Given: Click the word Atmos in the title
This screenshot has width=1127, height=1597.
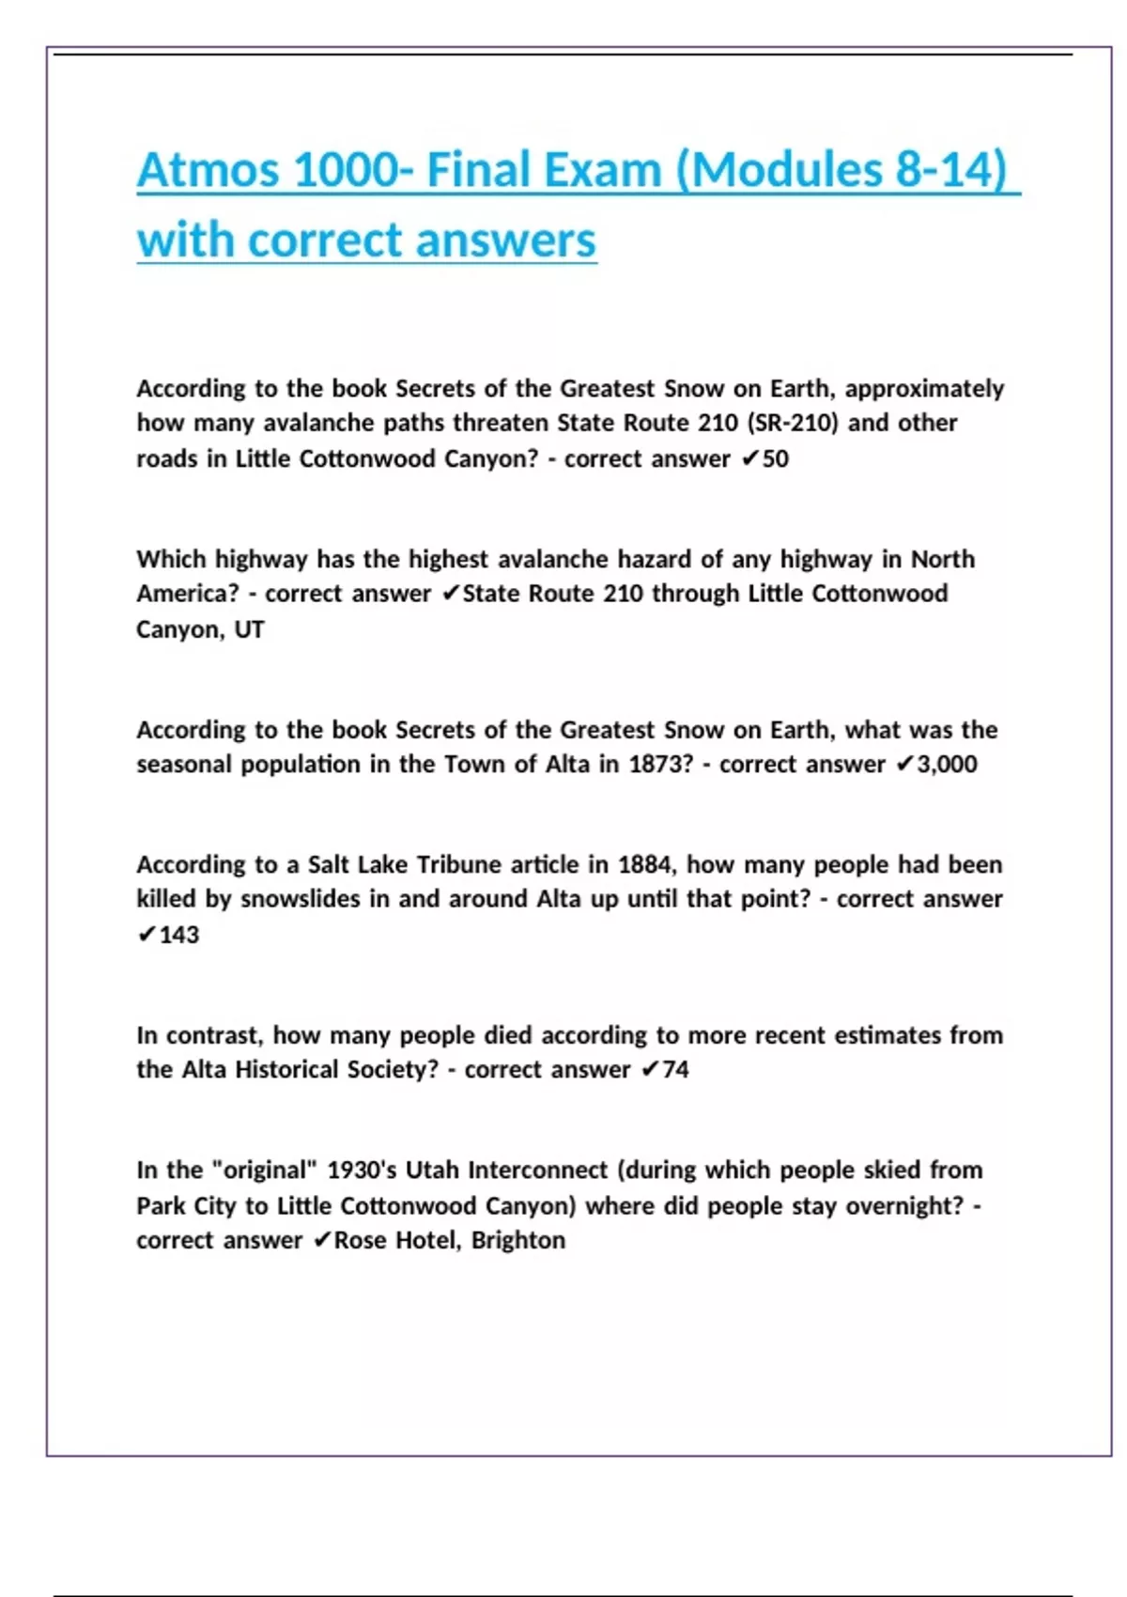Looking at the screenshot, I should click(208, 171).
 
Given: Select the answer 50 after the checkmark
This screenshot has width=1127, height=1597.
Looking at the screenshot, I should click(776, 459).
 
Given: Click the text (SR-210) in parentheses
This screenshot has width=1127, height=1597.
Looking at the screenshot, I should click(792, 423).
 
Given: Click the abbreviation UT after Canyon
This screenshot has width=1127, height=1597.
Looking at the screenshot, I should click(249, 629).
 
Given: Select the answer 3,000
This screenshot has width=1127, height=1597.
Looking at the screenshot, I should click(947, 765).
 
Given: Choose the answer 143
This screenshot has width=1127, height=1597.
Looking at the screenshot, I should click(179, 935).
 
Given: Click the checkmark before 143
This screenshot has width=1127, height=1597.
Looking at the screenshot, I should click(147, 935).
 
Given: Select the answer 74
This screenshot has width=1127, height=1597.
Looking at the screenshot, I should click(675, 1070).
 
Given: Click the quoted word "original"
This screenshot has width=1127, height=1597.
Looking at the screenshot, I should click(266, 1171).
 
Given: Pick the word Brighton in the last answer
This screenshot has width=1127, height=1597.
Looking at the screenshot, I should click(518, 1241).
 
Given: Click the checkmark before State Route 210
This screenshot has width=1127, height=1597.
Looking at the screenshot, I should click(451, 594).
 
